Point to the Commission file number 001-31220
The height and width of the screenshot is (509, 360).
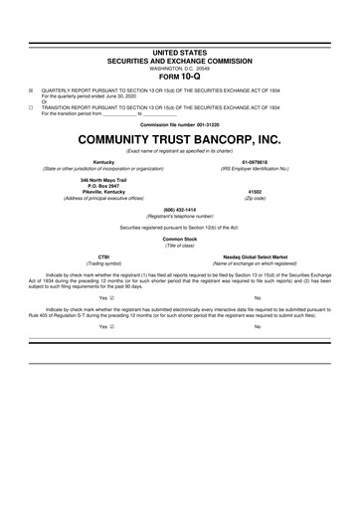coord(180,122)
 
